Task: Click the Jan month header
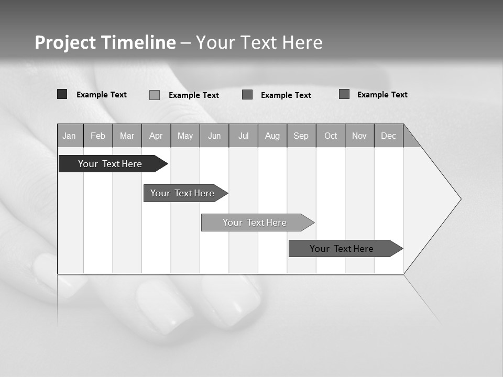click(69, 136)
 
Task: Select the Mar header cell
click(127, 136)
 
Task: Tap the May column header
click(185, 136)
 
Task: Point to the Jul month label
click(243, 136)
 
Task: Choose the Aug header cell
click(272, 136)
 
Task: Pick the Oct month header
click(331, 136)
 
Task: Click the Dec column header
click(388, 136)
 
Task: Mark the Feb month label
click(98, 136)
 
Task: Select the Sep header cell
click(301, 136)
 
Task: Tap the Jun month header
click(214, 136)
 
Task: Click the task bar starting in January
click(110, 164)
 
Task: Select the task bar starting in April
click(182, 193)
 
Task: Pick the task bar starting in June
click(255, 223)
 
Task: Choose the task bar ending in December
click(342, 249)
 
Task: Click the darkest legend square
click(62, 94)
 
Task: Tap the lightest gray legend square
click(154, 95)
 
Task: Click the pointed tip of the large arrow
click(460, 199)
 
